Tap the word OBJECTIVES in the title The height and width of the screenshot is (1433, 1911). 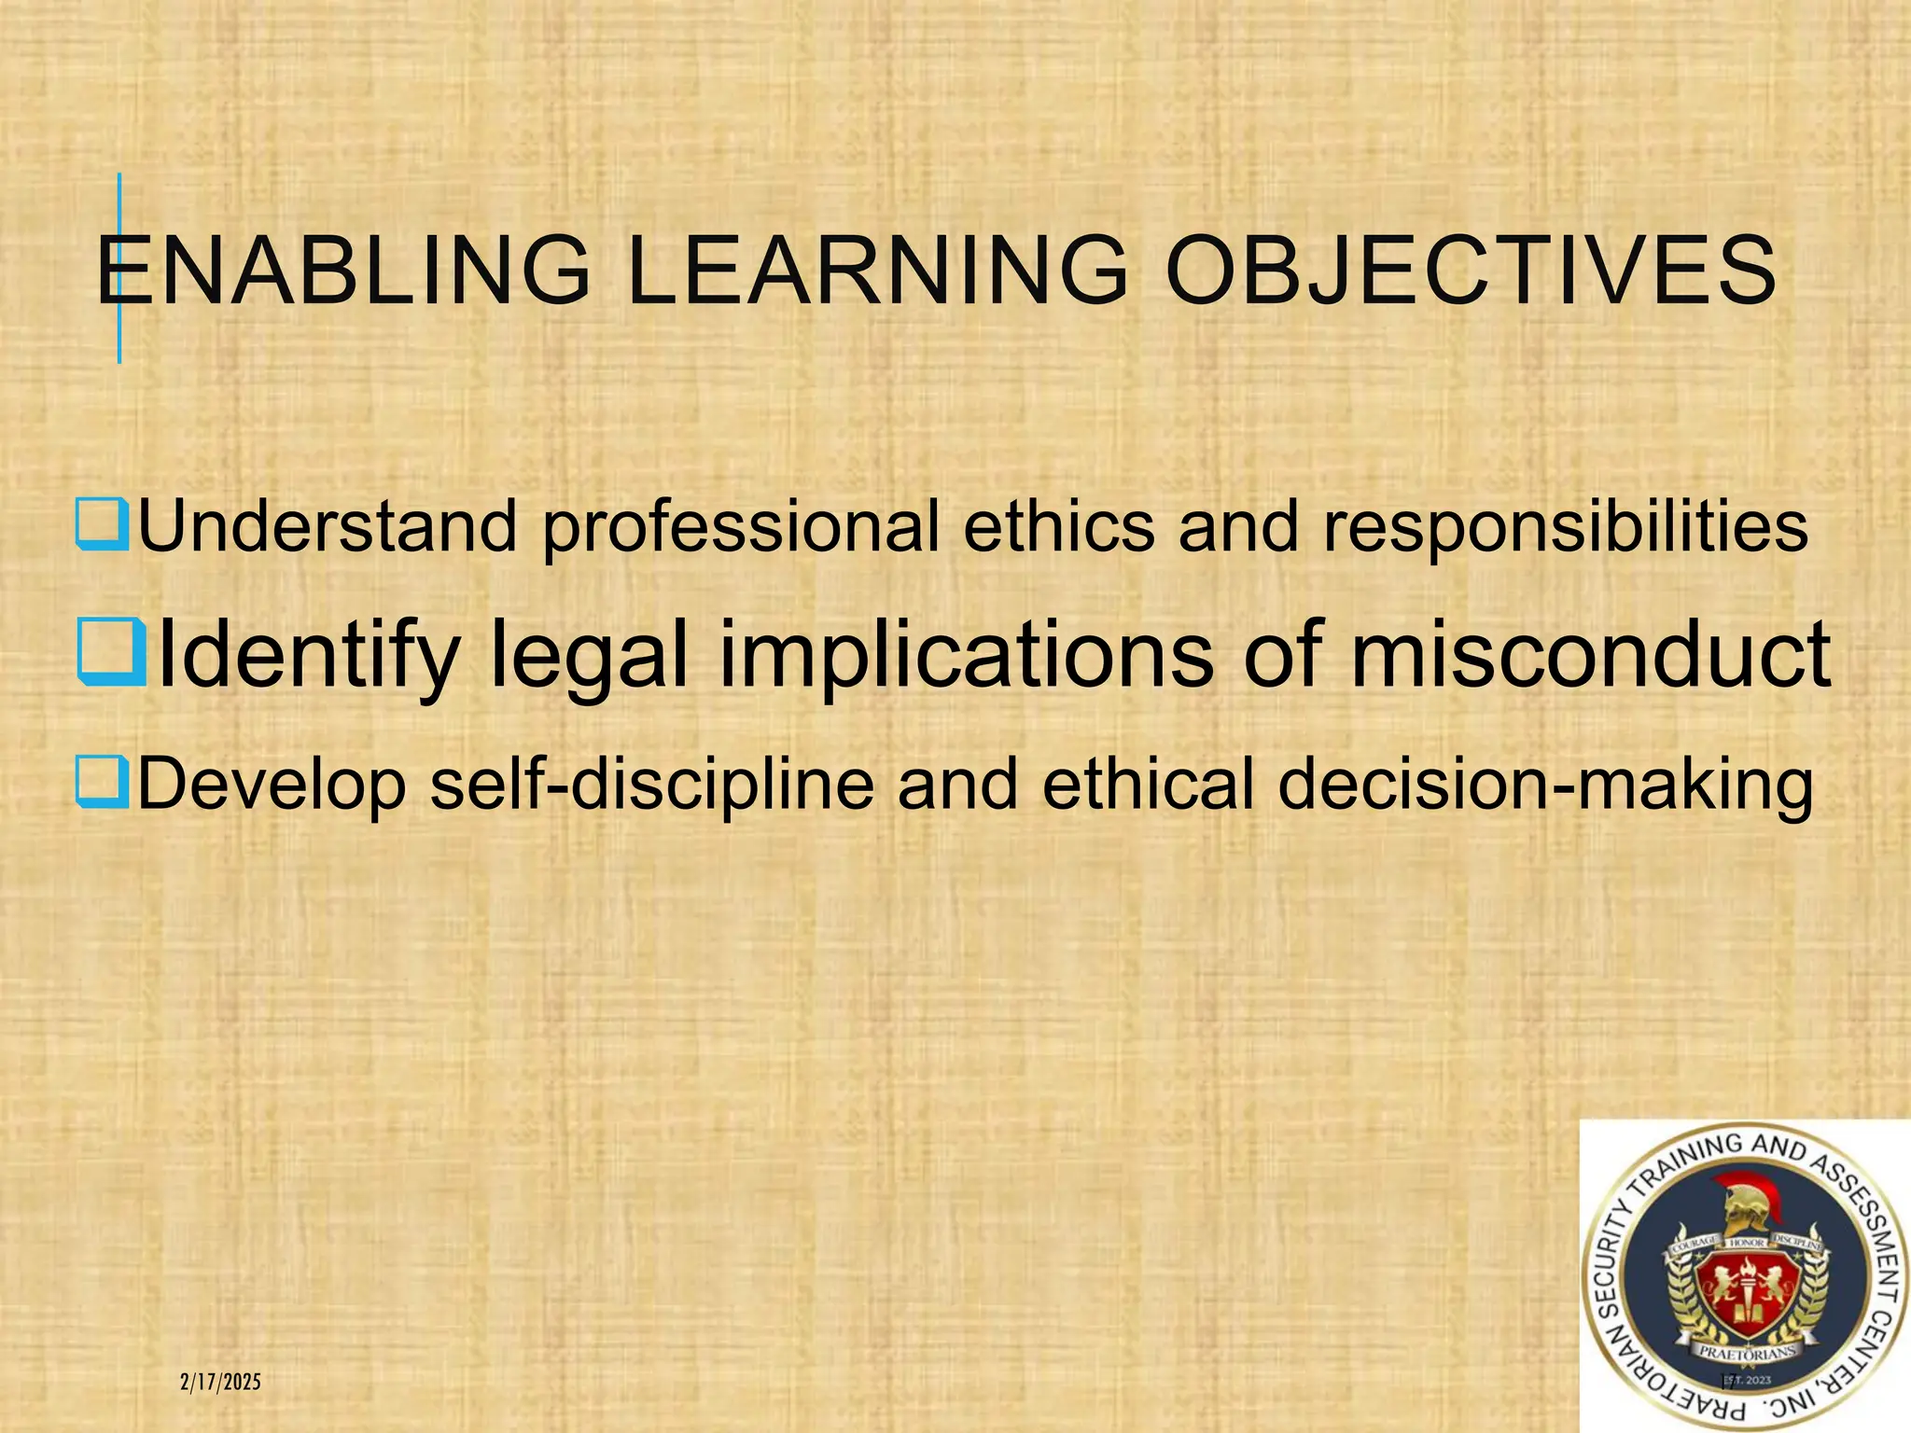click(x=1471, y=271)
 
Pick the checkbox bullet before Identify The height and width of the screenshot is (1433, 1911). click(x=111, y=652)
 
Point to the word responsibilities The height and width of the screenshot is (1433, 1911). click(x=1566, y=528)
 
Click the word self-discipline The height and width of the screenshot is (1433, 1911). click(x=651, y=784)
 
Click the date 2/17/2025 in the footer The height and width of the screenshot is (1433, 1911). click(x=220, y=1382)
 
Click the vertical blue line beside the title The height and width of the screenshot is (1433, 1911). click(x=119, y=269)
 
